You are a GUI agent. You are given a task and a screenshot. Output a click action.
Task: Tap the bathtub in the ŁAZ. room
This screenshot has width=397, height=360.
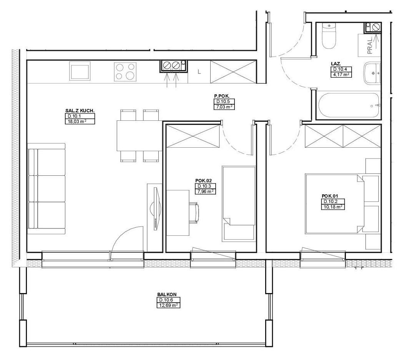349,106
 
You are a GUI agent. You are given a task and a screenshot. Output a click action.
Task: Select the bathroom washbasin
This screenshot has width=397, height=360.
372,73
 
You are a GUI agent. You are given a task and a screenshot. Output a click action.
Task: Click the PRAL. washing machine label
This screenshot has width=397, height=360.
370,46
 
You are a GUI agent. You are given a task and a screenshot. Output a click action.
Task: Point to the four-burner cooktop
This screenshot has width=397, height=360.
125,72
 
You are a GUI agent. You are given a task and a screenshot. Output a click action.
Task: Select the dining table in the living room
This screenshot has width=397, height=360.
139,135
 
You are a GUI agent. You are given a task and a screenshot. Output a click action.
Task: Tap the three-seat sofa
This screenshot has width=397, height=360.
47,189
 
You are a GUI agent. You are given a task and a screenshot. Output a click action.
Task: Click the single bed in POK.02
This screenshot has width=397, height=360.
239,203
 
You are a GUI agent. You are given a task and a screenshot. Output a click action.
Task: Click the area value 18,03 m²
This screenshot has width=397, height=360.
80,122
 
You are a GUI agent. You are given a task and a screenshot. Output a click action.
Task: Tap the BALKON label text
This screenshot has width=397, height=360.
167,295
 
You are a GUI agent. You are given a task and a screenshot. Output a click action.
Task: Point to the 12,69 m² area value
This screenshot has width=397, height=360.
168,305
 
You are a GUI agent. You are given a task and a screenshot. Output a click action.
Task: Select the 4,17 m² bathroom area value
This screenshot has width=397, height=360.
341,75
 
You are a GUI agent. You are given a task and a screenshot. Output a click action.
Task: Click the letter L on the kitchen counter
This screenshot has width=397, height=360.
199,72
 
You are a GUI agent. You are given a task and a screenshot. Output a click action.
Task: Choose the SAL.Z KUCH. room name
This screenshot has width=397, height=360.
80,111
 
